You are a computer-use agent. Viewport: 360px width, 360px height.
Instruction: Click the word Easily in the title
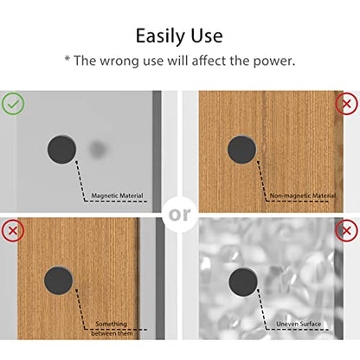(x=160, y=36)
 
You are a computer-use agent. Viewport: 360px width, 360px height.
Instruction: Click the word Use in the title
(x=207, y=35)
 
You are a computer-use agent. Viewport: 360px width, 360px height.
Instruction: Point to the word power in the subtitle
(x=273, y=61)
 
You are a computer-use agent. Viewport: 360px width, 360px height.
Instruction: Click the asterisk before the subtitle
(x=67, y=59)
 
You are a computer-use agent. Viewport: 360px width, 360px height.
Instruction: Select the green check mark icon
(x=13, y=104)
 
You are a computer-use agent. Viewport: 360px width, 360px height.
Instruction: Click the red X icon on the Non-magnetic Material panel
(x=346, y=104)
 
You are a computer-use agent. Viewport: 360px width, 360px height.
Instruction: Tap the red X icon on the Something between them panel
(x=13, y=230)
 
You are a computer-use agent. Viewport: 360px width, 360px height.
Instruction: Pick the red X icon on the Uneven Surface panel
(x=346, y=230)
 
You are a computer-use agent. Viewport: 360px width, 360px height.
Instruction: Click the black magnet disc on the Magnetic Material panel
(x=61, y=150)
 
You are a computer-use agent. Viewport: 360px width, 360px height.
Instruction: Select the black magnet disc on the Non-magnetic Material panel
(x=241, y=150)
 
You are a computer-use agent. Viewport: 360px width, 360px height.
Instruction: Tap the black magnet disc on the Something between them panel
(x=59, y=280)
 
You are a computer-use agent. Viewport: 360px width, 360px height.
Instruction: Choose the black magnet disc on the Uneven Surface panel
(x=243, y=282)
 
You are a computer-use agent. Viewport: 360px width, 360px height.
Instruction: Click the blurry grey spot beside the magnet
(x=97, y=149)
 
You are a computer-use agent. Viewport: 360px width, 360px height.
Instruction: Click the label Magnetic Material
(x=117, y=196)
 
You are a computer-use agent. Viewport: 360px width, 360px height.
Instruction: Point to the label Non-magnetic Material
(x=303, y=196)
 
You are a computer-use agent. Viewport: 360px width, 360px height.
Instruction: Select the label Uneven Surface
(x=299, y=324)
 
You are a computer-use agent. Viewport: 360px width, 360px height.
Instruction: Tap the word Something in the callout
(x=111, y=324)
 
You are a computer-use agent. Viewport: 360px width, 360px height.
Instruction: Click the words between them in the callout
(x=112, y=333)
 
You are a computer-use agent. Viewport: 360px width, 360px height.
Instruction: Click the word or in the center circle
(x=179, y=215)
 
